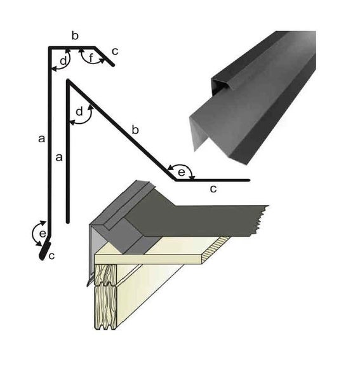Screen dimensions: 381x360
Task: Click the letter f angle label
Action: coord(92,58)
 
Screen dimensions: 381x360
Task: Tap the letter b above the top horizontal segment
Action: coord(74,36)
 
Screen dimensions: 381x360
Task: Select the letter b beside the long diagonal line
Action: coord(134,130)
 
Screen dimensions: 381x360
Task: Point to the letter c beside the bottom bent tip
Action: coord(52,257)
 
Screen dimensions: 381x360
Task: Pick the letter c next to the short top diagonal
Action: coord(114,51)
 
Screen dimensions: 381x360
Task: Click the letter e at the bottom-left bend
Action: coord(41,234)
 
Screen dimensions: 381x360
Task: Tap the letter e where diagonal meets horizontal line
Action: coord(182,171)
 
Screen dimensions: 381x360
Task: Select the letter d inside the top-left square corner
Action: coord(62,60)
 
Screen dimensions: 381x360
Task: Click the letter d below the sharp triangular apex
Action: coord(79,112)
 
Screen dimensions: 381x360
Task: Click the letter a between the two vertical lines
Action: coord(58,157)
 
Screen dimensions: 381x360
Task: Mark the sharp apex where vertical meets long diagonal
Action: coord(68,81)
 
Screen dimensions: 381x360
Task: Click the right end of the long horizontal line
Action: coord(249,180)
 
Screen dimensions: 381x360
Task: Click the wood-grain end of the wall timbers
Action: coord(105,298)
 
